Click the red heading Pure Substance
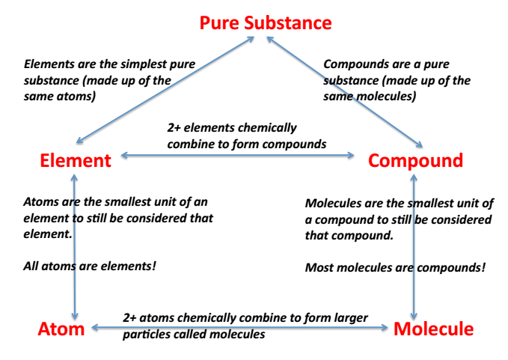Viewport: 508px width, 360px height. [266, 22]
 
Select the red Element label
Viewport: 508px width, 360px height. [76, 160]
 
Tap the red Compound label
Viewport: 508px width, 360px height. [415, 160]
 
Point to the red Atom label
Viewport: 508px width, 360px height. [61, 329]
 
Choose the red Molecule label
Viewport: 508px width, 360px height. [433, 329]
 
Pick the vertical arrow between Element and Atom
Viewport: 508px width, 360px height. [74, 247]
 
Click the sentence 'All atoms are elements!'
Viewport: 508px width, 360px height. [90, 266]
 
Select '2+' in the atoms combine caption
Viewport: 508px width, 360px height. [131, 318]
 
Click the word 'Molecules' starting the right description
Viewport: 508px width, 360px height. [334, 203]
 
